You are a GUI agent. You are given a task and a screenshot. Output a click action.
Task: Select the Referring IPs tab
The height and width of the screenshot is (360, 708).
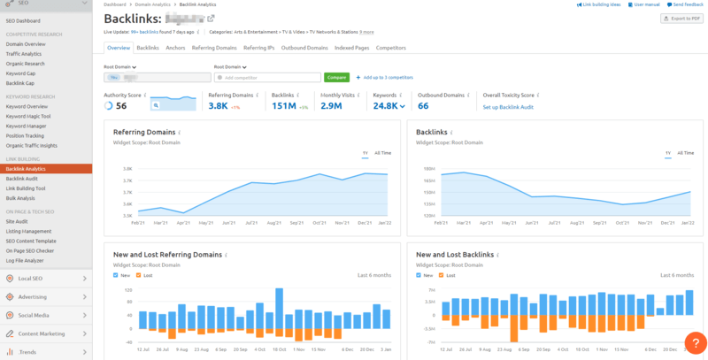(x=258, y=48)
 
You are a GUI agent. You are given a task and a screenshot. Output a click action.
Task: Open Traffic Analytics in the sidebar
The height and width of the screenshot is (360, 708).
(x=25, y=54)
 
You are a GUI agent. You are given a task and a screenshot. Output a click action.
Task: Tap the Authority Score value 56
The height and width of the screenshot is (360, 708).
(x=121, y=106)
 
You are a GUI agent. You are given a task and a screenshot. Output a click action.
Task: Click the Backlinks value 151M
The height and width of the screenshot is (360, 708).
(x=281, y=106)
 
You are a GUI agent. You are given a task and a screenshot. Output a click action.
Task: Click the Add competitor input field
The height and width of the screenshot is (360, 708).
(x=265, y=78)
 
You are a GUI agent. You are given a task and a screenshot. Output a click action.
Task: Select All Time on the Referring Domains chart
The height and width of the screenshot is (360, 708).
(x=383, y=153)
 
